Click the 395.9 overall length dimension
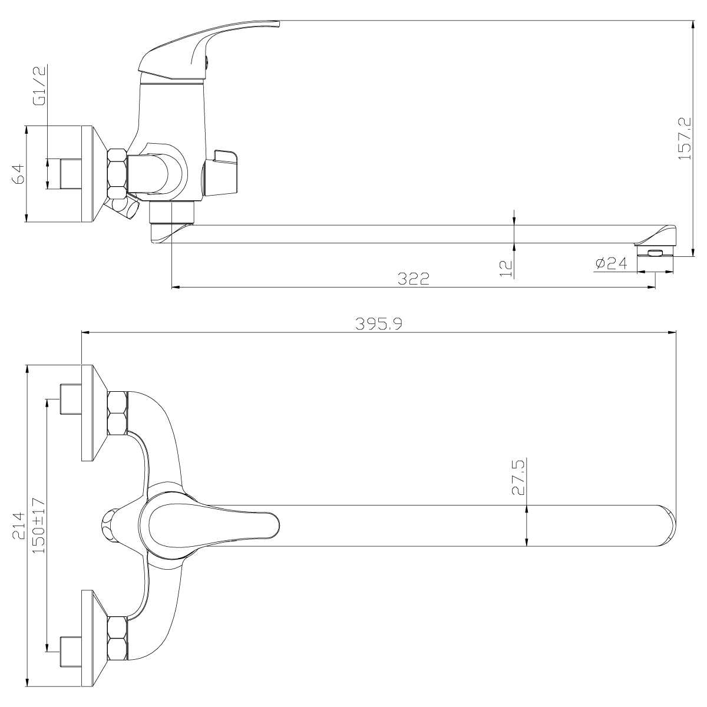[379, 324]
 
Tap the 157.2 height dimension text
[684, 138]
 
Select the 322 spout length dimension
[414, 279]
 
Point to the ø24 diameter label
[612, 263]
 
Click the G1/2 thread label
[39, 85]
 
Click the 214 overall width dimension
[18, 526]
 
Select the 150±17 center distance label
[38, 526]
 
